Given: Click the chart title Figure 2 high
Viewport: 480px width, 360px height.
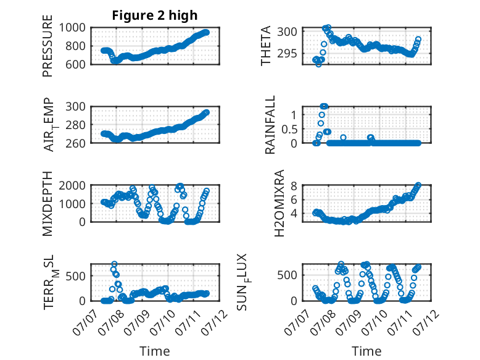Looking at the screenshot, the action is [x=155, y=15].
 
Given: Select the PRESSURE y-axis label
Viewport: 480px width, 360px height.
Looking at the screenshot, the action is [x=48, y=46].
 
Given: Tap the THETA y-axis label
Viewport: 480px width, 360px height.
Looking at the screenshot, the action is [x=266, y=46].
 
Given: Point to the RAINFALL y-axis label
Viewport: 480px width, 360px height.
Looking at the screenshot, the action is [x=270, y=125].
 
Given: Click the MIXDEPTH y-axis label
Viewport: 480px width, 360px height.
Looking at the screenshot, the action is [x=48, y=203].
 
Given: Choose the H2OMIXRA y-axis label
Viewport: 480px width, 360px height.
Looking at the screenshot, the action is [x=279, y=203].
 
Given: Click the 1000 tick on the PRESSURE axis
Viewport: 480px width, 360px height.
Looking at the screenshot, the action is [x=72, y=28].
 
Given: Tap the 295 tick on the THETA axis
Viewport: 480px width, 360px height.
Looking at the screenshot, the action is [x=287, y=54].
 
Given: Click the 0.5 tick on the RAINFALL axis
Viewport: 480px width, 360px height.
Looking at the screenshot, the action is [x=289, y=129].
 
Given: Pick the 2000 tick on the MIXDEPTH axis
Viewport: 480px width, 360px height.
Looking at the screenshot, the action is [x=72, y=185].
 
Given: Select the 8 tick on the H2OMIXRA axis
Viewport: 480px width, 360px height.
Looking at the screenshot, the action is [x=294, y=186].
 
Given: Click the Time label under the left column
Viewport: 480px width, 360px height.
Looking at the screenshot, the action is [x=155, y=351].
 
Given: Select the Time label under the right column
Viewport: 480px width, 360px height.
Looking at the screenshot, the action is [x=366, y=351].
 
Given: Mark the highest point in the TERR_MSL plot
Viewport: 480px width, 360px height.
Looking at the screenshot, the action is [x=114, y=264].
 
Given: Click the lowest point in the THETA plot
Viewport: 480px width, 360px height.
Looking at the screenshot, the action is [x=319, y=64].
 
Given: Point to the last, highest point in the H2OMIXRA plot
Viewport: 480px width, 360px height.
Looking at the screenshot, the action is [x=418, y=185].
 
